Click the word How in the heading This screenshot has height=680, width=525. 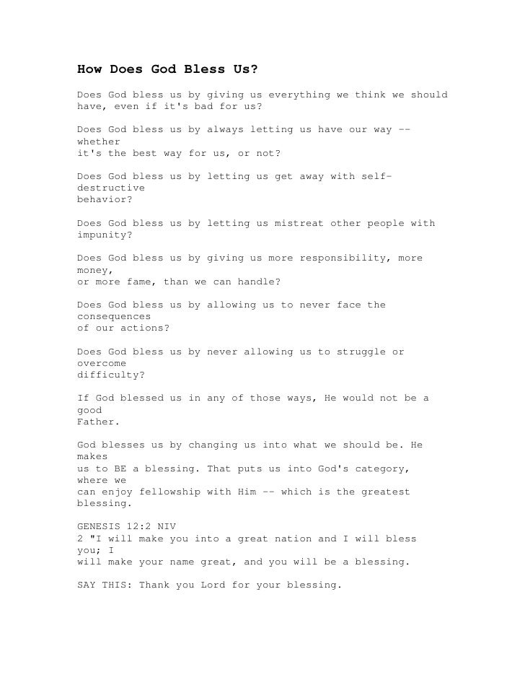tap(90, 70)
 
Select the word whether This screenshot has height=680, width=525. tap(99, 142)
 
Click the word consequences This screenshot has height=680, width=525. tap(114, 317)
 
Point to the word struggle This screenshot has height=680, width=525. tap(358, 352)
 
